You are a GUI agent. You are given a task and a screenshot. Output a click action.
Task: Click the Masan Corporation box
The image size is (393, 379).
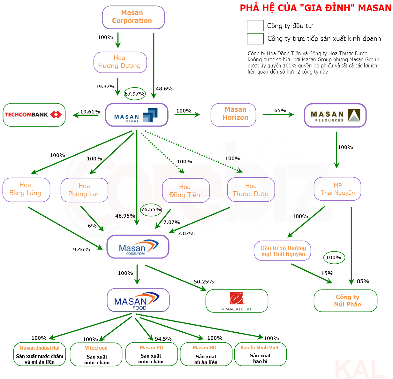(x=133, y=17)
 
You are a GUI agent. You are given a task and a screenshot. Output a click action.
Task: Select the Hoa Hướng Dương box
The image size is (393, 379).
(x=120, y=62)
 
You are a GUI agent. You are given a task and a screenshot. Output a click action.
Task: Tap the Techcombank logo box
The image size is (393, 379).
(x=34, y=115)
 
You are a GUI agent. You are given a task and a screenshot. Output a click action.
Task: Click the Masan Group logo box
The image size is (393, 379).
(x=137, y=115)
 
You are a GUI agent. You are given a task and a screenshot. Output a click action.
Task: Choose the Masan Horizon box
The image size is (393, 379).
(x=233, y=115)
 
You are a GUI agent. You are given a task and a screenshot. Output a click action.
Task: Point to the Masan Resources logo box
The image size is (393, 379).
(x=335, y=115)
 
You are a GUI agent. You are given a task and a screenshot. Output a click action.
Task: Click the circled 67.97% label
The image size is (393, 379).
(x=135, y=94)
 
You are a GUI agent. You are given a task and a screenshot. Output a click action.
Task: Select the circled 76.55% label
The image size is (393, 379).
(x=151, y=210)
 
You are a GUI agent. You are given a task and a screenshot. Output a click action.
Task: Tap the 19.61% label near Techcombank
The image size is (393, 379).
(x=90, y=112)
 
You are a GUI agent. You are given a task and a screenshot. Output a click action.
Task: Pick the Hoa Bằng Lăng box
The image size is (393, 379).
(x=26, y=190)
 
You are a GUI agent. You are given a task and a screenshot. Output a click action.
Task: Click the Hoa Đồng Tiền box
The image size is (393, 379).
(x=186, y=191)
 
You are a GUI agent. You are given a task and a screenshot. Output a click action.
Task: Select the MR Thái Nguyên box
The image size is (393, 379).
(x=337, y=189)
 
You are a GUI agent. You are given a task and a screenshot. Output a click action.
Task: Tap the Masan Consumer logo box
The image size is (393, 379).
(x=138, y=247)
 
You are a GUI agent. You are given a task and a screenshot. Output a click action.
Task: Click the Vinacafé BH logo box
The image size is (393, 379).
(x=237, y=301)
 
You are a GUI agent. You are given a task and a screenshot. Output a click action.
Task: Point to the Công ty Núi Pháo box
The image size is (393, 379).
(x=345, y=301)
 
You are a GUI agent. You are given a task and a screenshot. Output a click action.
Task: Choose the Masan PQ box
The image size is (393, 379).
(x=151, y=354)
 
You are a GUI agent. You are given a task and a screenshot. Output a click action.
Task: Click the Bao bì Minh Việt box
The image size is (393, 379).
(x=260, y=354)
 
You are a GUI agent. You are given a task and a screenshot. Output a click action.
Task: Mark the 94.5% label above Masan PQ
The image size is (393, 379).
(x=163, y=339)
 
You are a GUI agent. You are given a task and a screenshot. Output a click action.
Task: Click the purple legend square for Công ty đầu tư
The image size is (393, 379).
(x=255, y=26)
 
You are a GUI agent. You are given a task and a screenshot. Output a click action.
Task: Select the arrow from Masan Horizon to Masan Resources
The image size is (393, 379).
(x=278, y=114)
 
